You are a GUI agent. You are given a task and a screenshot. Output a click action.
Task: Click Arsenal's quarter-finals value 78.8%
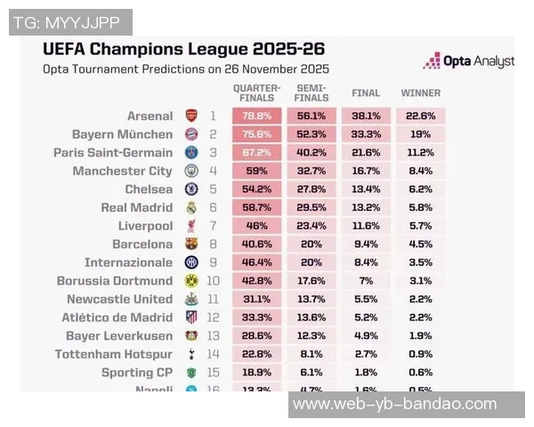[257, 116]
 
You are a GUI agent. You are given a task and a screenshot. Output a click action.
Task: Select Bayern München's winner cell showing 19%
[420, 134]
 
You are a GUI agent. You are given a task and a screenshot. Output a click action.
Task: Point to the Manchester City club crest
[191, 171]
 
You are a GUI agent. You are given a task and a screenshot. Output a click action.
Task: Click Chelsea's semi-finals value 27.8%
[311, 189]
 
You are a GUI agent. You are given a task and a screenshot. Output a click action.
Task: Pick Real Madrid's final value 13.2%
[366, 207]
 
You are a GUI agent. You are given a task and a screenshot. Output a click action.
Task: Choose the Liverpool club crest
[191, 226]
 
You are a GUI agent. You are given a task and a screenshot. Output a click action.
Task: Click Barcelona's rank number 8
[213, 244]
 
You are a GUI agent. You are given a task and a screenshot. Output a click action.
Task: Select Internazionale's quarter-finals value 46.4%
[257, 262]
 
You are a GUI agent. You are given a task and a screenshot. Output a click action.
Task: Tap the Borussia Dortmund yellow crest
[191, 280]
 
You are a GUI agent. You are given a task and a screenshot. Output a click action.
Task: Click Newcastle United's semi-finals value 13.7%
[311, 299]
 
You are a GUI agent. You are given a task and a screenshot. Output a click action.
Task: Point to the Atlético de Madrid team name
[117, 317]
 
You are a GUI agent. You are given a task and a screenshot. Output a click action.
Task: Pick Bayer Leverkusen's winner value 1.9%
[420, 335]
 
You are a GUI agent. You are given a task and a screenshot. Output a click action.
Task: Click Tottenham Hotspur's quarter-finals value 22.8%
[257, 353]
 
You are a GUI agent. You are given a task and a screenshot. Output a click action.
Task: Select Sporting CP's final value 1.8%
[366, 372]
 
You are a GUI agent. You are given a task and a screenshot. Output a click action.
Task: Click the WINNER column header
[420, 93]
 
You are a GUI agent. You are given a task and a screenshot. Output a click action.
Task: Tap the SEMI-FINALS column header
[311, 93]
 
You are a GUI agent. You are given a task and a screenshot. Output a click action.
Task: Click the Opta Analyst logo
[468, 60]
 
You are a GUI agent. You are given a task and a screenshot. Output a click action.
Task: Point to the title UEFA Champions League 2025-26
[184, 48]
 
